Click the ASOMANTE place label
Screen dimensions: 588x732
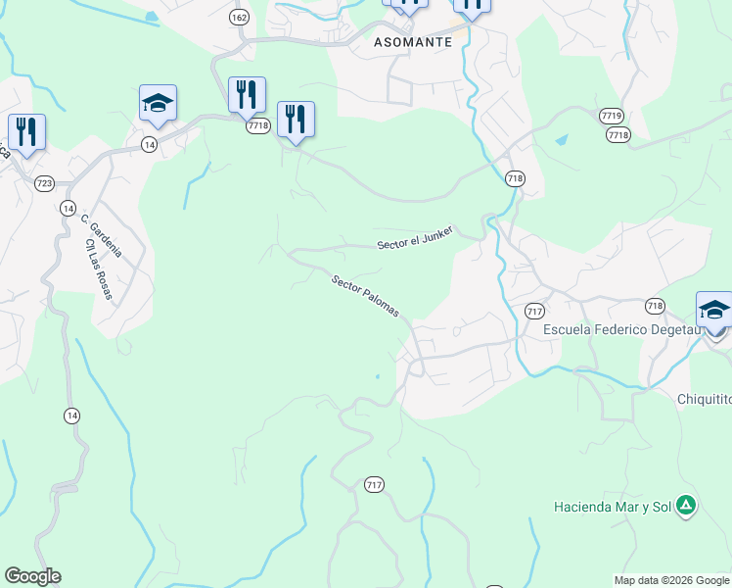(x=413, y=42)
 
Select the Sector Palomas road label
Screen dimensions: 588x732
(x=364, y=296)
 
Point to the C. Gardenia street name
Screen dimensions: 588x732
(x=101, y=236)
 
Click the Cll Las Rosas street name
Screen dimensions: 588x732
(x=98, y=269)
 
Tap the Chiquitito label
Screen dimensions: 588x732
(x=704, y=398)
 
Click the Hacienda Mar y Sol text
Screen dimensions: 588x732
(x=612, y=507)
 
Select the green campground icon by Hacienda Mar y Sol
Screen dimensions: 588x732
(x=686, y=506)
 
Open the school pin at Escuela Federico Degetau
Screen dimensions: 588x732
(x=714, y=311)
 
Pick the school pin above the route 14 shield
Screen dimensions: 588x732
(x=158, y=103)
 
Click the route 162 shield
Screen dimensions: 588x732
(x=239, y=18)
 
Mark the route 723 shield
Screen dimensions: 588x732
(x=44, y=183)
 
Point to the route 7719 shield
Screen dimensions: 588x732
(x=613, y=116)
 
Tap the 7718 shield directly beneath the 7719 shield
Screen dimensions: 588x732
(x=618, y=135)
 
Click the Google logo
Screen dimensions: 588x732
(x=32, y=576)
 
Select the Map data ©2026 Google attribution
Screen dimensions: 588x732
(x=671, y=580)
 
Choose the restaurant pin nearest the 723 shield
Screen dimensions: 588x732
(x=25, y=132)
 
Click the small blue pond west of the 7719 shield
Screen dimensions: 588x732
(x=561, y=140)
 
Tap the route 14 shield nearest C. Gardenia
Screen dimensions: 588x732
(x=68, y=208)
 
